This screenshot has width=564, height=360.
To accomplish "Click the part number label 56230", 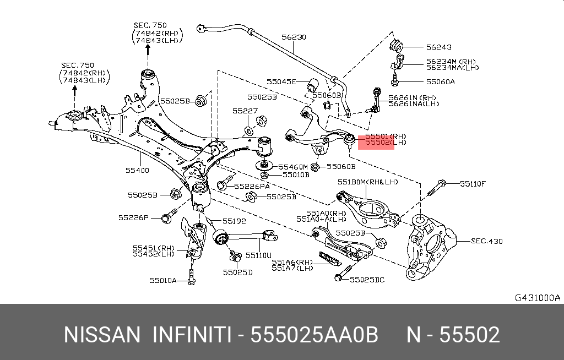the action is (x=294, y=37).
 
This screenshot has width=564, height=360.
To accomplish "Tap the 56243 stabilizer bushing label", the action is (x=439, y=47).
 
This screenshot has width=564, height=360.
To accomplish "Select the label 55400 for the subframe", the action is (x=137, y=170).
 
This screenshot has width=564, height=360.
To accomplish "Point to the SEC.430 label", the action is (x=487, y=241).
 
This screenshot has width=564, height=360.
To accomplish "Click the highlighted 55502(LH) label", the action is (x=386, y=143).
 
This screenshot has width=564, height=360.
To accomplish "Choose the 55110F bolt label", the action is (x=473, y=184).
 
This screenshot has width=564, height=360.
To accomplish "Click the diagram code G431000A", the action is (x=538, y=298).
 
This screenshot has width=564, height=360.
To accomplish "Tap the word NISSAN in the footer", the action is (x=102, y=335).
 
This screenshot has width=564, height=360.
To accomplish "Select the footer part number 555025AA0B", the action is (x=314, y=335).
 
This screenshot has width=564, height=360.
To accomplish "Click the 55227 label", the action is (x=245, y=111).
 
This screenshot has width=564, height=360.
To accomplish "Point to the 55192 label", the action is (x=234, y=221).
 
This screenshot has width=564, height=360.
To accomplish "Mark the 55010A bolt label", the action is (x=163, y=280).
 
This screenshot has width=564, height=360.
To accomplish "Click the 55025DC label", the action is (x=367, y=280).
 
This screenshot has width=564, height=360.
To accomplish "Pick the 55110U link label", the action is (x=258, y=255).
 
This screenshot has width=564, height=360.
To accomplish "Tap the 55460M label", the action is (x=293, y=167).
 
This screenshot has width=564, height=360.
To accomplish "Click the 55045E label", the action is (x=281, y=81).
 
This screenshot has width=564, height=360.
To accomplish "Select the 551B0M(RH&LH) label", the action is (x=367, y=182).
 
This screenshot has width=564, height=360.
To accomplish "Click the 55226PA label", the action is (x=252, y=186).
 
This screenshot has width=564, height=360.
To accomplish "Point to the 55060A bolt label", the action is (x=440, y=81).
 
